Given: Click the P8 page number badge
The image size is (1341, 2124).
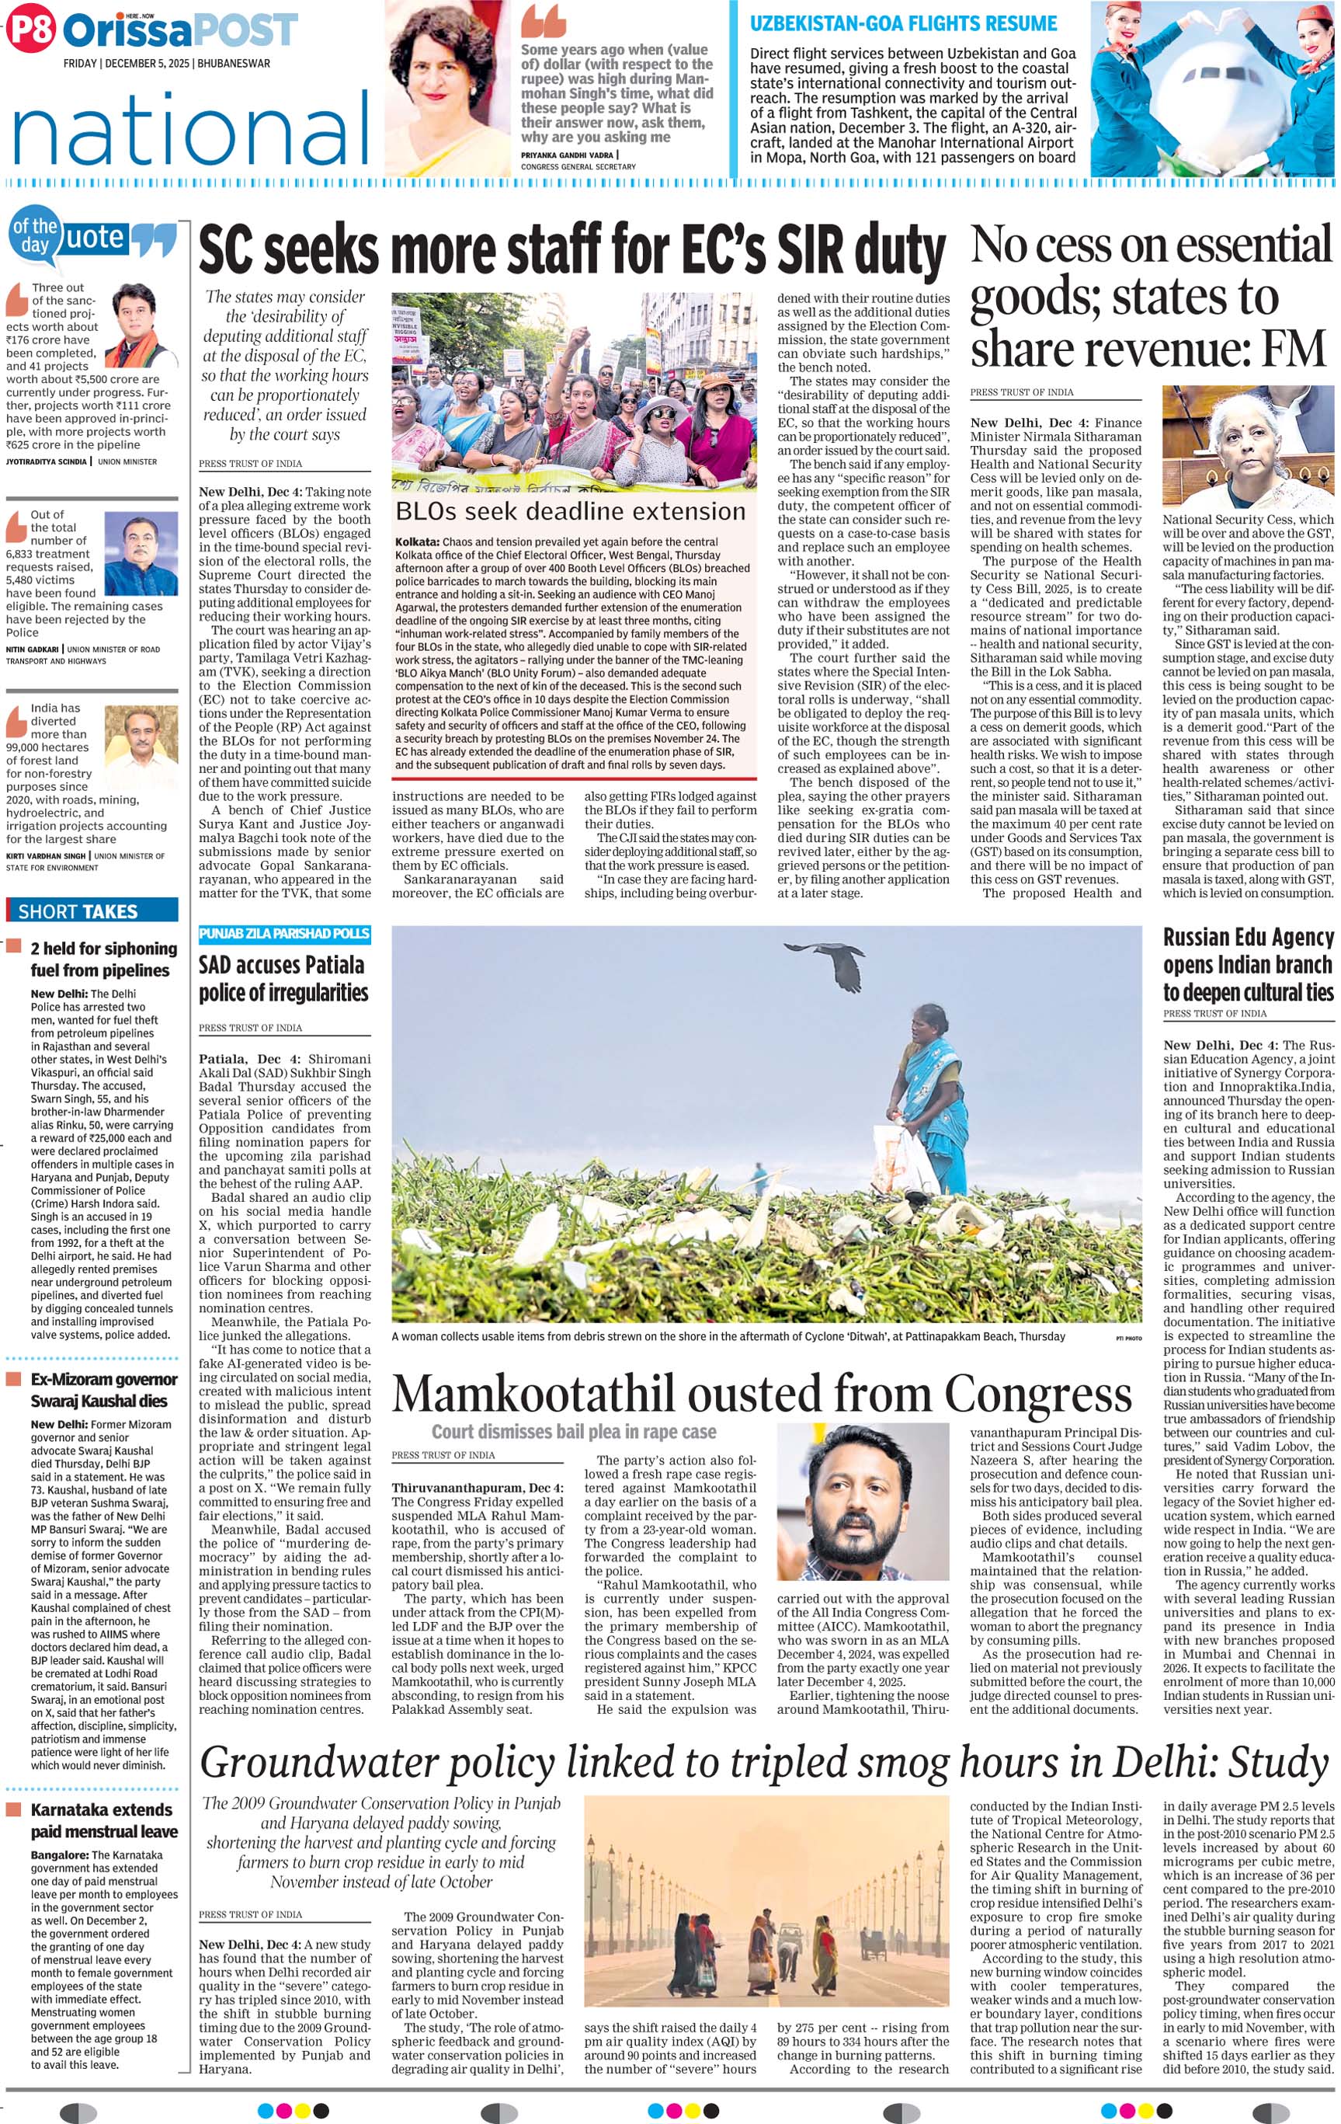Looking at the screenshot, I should point(30,30).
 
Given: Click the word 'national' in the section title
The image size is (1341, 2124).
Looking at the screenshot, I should point(190,131).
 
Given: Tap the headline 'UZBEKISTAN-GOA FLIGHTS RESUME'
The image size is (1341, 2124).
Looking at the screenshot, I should point(903,24).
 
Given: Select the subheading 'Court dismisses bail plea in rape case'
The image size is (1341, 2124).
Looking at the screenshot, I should point(573,1432).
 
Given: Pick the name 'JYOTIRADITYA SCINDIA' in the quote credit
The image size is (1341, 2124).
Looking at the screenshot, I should point(47,461).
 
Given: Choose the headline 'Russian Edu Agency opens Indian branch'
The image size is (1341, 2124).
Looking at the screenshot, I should point(1248,964).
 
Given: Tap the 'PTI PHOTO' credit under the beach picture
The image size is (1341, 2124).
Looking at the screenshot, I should point(1127,1338).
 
